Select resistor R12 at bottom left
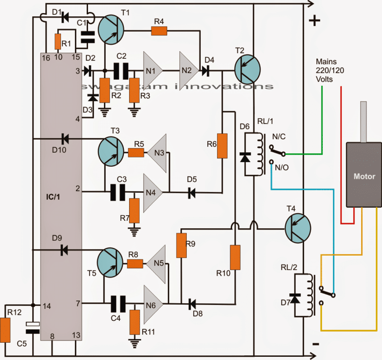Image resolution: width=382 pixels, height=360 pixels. click(6, 329)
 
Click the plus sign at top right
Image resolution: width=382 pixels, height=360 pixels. click(315, 21)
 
